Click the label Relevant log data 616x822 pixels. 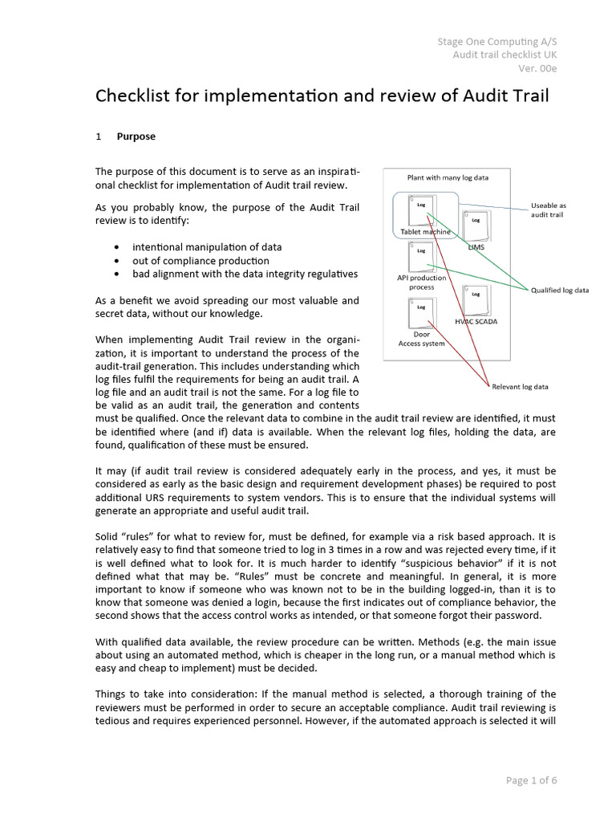point(520,386)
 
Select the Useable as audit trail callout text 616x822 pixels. point(549,210)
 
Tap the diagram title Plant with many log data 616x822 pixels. point(448,177)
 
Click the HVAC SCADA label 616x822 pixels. point(476,321)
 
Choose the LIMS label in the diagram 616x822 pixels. point(476,247)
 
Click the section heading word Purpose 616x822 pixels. point(136,136)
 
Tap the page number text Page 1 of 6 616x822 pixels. point(531,779)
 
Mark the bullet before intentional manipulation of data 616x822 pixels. point(120,247)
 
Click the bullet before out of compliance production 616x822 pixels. point(120,261)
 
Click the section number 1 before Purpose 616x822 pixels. point(99,136)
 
